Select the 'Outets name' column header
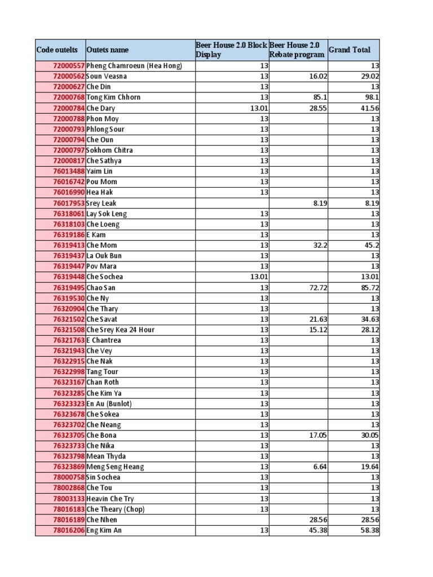click(x=108, y=50)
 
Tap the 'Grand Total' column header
click(x=350, y=50)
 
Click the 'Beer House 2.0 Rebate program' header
click(x=297, y=50)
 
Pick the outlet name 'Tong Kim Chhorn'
click(x=113, y=97)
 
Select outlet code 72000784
click(x=68, y=108)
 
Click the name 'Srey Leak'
click(x=101, y=203)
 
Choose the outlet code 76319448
click(x=68, y=277)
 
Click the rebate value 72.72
click(x=318, y=287)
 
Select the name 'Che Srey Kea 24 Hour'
click(x=121, y=330)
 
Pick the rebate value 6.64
click(x=320, y=467)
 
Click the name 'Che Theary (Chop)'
click(x=116, y=509)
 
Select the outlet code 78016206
click(x=68, y=530)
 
